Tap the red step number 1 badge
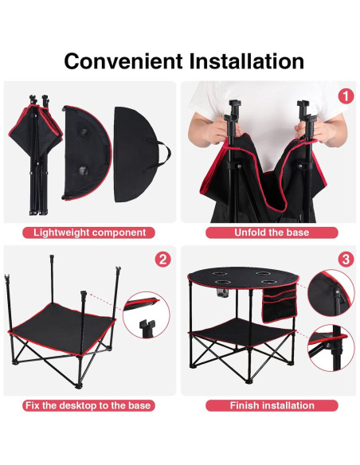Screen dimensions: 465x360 pyautogui.click(x=345, y=96)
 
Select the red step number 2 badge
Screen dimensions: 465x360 pyautogui.click(x=162, y=260)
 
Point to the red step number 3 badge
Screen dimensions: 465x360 pyautogui.click(x=345, y=260)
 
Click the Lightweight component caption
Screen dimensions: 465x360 pyautogui.click(x=89, y=232)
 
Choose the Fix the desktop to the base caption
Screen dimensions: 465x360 pyautogui.click(x=89, y=405)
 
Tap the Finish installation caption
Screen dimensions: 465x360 pyautogui.click(x=272, y=405)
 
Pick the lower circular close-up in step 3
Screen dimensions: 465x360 pyautogui.click(x=333, y=349)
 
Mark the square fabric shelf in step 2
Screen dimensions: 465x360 pyautogui.click(x=60, y=329)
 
